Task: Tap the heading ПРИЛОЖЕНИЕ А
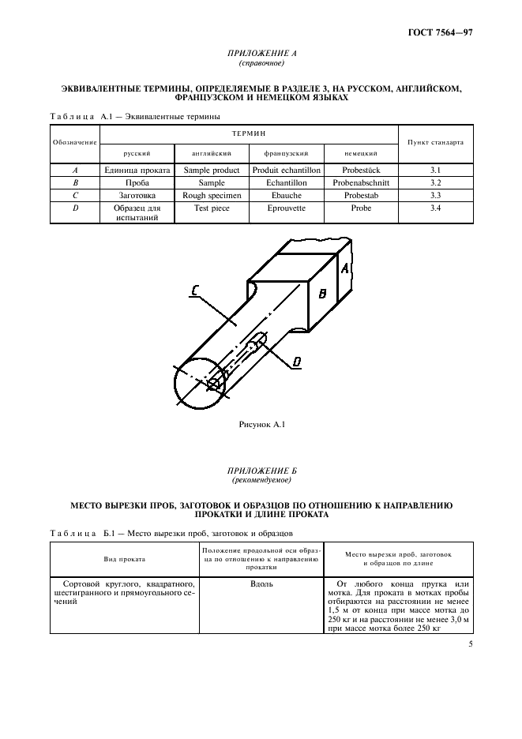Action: click(x=261, y=54)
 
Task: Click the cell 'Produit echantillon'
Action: click(x=284, y=170)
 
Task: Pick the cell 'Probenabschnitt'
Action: click(x=361, y=182)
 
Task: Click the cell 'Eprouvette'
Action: click(x=284, y=208)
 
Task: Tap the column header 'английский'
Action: click(x=210, y=152)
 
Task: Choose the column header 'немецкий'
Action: click(x=360, y=152)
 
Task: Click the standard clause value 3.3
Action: click(x=434, y=195)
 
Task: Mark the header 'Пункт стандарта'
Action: click(x=434, y=143)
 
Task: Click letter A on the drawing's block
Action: click(x=344, y=268)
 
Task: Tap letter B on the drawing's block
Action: click(x=322, y=294)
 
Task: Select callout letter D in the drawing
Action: click(x=297, y=362)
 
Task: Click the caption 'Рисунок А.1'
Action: click(x=261, y=425)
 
